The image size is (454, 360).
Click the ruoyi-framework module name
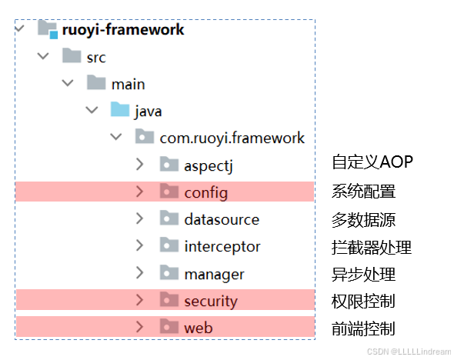coord(123,30)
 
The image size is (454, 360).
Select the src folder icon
coord(72,55)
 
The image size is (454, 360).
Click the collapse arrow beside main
coord(68,83)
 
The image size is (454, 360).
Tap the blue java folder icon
coord(120,109)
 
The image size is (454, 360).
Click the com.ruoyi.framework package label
coord(232,138)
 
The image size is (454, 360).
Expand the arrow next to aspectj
coord(139,164)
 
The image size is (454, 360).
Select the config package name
coord(206,193)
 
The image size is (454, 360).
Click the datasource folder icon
coord(169,218)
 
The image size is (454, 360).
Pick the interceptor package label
coord(222,247)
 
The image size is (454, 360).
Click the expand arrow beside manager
coord(139,272)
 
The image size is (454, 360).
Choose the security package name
coord(211,302)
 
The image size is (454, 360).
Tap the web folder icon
coord(169,326)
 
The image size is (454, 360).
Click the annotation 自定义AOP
coord(372,162)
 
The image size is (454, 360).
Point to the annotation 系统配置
coord(364,192)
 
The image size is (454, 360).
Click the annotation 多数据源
coord(364,220)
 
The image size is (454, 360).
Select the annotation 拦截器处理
coord(372,248)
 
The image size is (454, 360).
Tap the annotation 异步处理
coord(364,275)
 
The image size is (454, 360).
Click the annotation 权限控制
coord(363,302)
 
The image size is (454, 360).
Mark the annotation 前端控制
coord(363,328)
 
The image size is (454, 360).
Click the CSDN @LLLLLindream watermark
coord(409,352)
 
